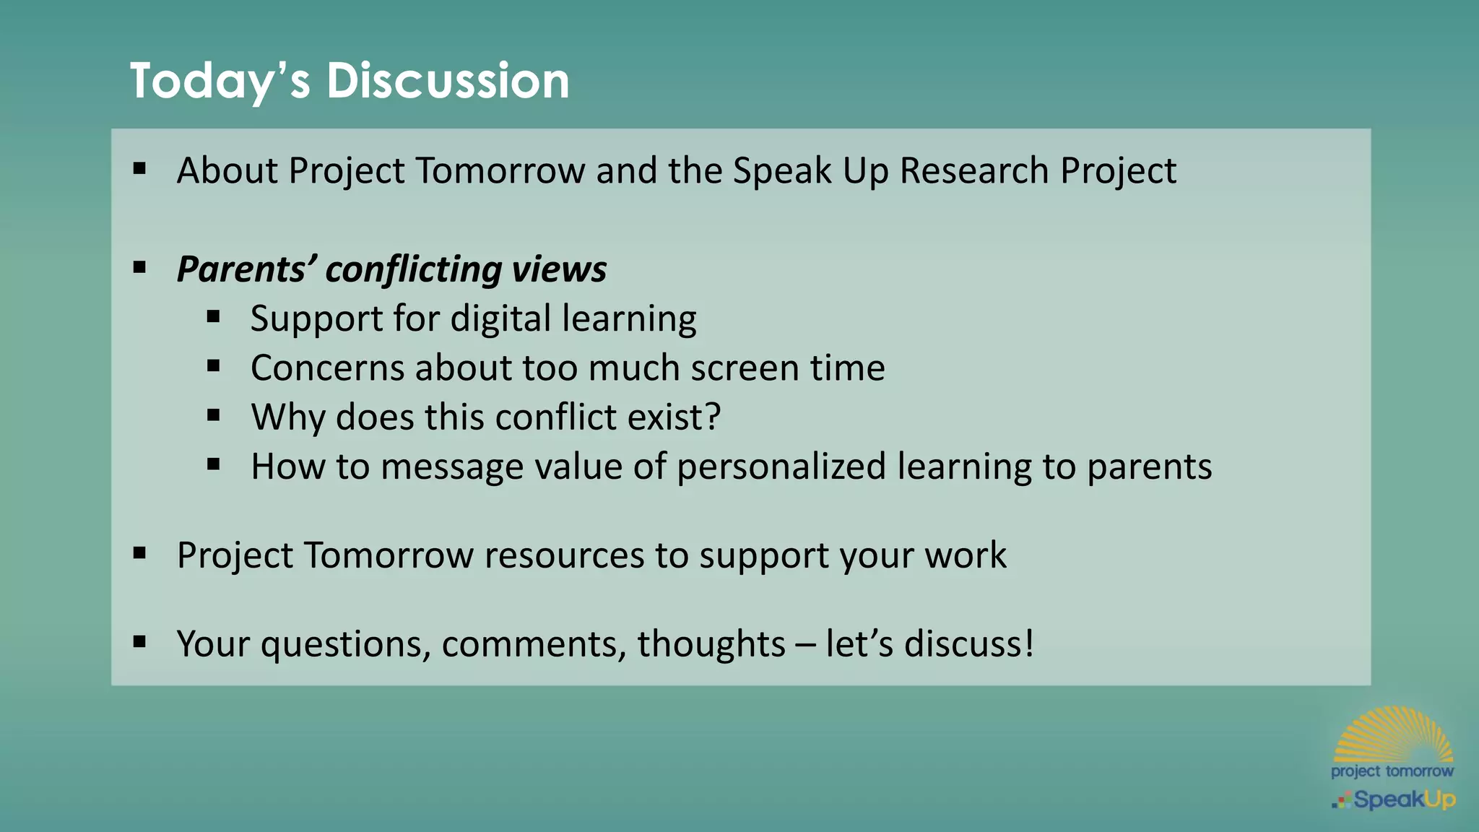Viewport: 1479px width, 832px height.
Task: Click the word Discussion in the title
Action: click(x=448, y=80)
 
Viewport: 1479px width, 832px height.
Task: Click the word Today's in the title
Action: click(x=220, y=80)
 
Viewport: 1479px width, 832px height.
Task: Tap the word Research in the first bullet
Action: click(x=973, y=171)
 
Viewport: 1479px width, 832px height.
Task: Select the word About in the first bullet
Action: click(x=227, y=171)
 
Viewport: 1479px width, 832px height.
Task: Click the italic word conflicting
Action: click(x=413, y=269)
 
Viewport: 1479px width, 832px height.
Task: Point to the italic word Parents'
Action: click(x=246, y=269)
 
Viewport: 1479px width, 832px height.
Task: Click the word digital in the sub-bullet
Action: click(x=500, y=318)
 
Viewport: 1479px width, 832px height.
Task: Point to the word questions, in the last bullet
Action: click(x=345, y=643)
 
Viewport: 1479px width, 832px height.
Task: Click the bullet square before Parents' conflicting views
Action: click(x=140, y=268)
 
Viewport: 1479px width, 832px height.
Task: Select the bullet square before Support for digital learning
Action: click(x=213, y=316)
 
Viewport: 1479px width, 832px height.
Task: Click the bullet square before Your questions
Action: click(x=140, y=641)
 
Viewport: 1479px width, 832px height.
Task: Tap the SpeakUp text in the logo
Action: click(x=1404, y=799)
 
